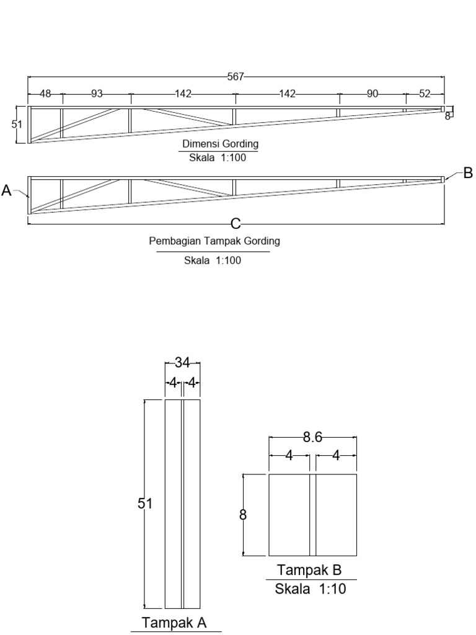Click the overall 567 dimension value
point(236,77)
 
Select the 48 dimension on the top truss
point(45,94)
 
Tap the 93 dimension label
point(97,94)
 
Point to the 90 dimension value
point(372,94)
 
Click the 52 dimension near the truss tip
point(425,94)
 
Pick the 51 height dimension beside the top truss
point(17,125)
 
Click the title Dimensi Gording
point(220,144)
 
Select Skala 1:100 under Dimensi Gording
point(218,158)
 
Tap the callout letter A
point(7,191)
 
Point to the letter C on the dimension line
point(236,223)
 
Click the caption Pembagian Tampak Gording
point(214,241)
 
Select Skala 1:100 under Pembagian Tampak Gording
point(213,260)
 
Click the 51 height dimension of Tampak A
point(144,504)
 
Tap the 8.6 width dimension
point(312,438)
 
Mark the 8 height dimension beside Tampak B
point(243,515)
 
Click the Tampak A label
point(174,622)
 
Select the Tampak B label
point(309,569)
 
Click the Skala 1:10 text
point(311,589)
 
